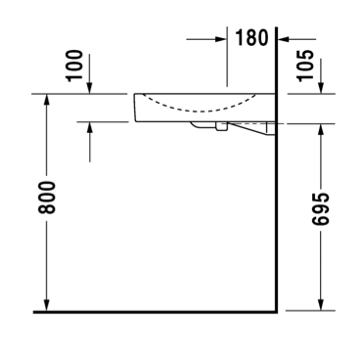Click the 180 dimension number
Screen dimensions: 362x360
click(251, 37)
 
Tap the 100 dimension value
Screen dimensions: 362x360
click(74, 66)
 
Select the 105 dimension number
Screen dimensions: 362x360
click(305, 66)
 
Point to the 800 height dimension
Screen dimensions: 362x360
click(47, 198)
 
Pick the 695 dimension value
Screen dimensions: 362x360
click(320, 209)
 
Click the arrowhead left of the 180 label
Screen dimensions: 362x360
click(221, 39)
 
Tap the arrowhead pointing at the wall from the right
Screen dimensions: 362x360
click(283, 39)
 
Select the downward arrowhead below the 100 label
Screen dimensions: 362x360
click(90, 88)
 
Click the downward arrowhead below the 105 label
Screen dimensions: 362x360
click(321, 88)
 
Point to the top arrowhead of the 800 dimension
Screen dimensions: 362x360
click(47, 100)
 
